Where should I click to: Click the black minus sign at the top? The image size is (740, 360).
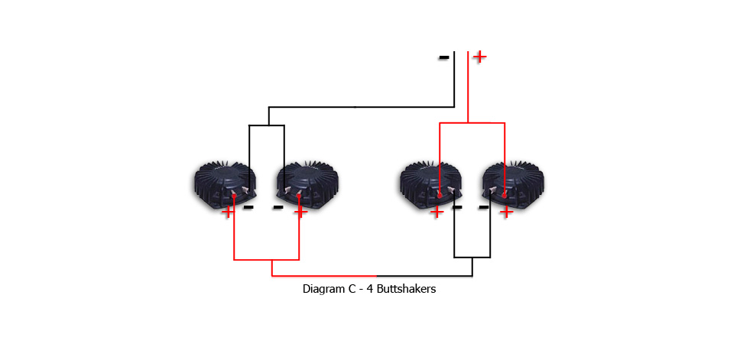[x=443, y=57]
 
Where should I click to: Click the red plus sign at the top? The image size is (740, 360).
[x=479, y=56]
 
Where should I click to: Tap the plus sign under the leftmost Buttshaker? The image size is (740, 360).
[x=228, y=211]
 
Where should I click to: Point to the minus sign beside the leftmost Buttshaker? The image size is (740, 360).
[x=248, y=206]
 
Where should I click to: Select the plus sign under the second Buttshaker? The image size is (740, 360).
[x=300, y=211]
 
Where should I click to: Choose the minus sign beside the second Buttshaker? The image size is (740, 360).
[x=278, y=206]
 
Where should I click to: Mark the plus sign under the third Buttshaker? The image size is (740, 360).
[x=437, y=212]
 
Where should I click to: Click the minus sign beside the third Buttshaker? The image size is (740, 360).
[x=457, y=206]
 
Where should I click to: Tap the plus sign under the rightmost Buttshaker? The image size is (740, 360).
[x=506, y=212]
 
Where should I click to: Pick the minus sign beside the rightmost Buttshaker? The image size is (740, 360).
[x=484, y=206]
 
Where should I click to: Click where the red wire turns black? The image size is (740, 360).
[x=376, y=276]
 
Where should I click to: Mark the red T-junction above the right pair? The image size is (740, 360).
[x=468, y=122]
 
